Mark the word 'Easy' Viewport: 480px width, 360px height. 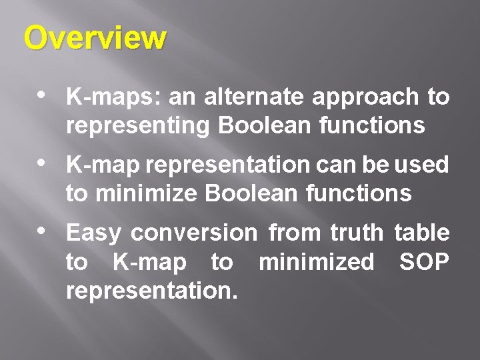[x=93, y=234]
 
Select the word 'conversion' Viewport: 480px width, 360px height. [x=194, y=233]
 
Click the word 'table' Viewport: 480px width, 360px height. [x=422, y=233]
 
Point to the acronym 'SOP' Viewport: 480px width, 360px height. [x=424, y=263]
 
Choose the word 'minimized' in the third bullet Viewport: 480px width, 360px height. [x=316, y=263]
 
